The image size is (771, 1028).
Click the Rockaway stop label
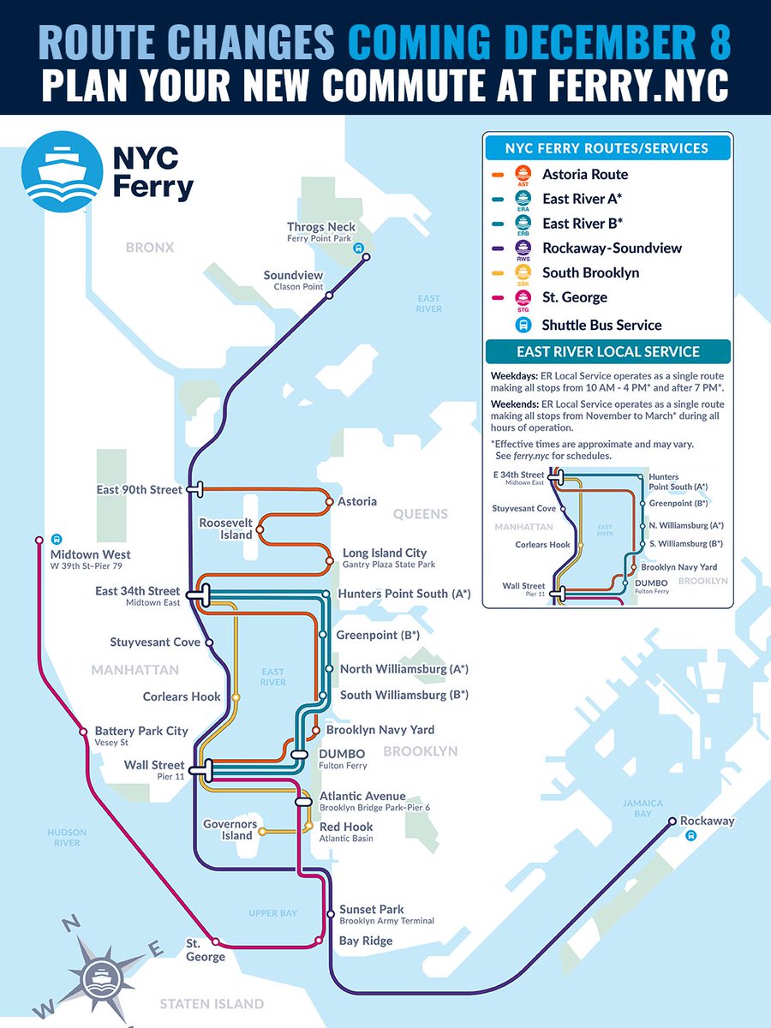pyautogui.click(x=708, y=821)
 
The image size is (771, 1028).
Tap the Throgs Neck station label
pyautogui.click(x=321, y=227)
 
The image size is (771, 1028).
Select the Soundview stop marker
pyautogui.click(x=329, y=295)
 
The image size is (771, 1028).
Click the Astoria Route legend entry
pyautogui.click(x=585, y=174)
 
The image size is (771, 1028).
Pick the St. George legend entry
pyautogui.click(x=574, y=297)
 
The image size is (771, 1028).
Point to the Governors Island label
pyautogui.click(x=230, y=830)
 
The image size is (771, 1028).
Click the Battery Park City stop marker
pyautogui.click(x=83, y=732)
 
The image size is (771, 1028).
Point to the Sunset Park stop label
pyautogui.click(x=371, y=909)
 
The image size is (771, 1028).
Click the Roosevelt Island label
pyautogui.click(x=226, y=529)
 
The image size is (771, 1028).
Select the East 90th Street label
pyautogui.click(x=139, y=489)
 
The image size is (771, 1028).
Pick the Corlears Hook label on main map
pyautogui.click(x=182, y=696)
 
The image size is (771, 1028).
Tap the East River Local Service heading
pyautogui.click(x=607, y=352)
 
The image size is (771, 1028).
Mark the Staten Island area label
pyautogui.click(x=212, y=1003)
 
